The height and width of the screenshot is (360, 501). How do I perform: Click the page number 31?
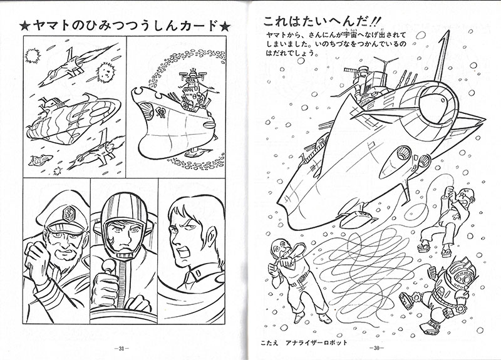121,349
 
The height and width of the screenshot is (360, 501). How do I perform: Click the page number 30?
377,348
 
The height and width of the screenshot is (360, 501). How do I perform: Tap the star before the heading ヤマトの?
24,26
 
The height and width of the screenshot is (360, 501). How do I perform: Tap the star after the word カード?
224,26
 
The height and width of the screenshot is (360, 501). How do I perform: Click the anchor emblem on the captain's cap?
70,213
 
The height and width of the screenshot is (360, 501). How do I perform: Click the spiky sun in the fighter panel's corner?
33,56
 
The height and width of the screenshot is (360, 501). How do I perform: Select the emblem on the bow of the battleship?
160,111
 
